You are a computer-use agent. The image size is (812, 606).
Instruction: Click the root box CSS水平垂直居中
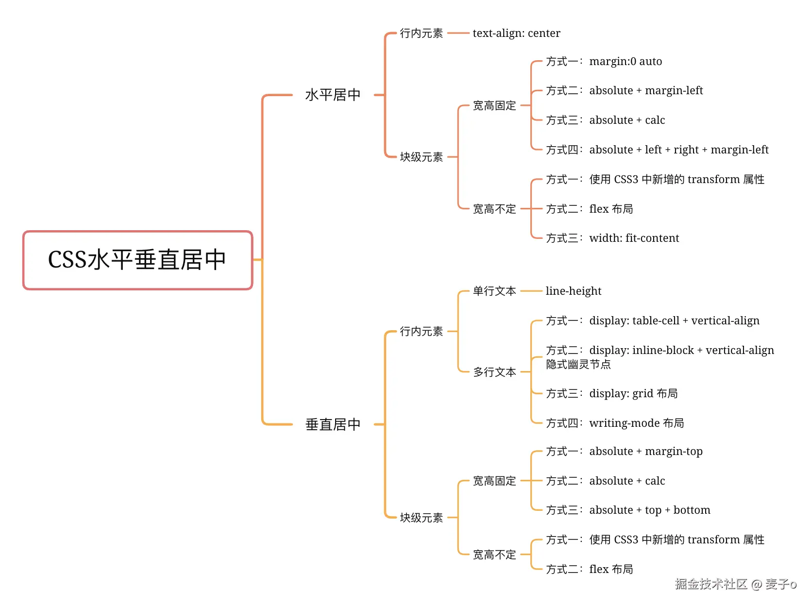point(137,260)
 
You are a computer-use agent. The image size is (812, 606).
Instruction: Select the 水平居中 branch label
point(333,95)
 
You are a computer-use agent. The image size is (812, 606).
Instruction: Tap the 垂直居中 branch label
point(333,424)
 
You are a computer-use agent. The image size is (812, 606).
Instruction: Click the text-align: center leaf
point(516,33)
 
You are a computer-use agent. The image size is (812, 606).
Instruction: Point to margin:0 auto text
point(626,62)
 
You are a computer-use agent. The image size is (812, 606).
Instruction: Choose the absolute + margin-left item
point(646,91)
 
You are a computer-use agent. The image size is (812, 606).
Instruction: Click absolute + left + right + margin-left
point(678,150)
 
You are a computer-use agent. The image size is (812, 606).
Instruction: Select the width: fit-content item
point(634,238)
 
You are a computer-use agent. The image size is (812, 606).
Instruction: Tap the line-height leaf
point(573,291)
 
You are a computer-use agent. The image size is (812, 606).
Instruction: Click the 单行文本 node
point(494,291)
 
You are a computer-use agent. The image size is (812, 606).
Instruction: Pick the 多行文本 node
point(494,372)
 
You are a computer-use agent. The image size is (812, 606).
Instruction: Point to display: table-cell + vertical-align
point(674,320)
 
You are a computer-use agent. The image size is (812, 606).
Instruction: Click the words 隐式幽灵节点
point(578,364)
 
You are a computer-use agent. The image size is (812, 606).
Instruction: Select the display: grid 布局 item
point(633,393)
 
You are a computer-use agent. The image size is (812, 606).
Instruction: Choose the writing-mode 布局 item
point(636,423)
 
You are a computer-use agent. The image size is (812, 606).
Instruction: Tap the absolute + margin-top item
point(646,452)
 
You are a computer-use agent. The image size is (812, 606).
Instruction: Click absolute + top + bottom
point(649,510)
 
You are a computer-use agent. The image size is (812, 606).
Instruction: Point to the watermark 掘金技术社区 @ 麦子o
point(735,584)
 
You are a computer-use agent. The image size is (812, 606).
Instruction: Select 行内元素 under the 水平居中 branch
point(421,33)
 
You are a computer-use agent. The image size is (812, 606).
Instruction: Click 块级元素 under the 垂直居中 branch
point(421,518)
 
